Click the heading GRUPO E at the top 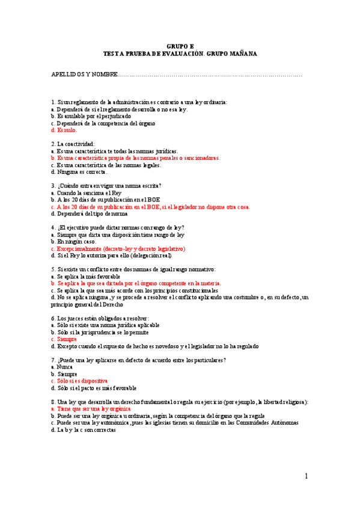tap(180, 46)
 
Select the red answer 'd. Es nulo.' tap(64, 130)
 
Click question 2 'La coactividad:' tap(73, 144)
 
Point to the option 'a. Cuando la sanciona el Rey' tap(87, 192)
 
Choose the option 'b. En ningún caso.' tap(74, 241)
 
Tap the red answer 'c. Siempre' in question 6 tap(64, 339)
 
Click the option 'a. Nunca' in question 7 tap(63, 366)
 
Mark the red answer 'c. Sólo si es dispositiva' tap(80, 381)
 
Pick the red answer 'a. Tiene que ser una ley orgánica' tap(91, 408)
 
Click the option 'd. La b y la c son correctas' tap(84, 429)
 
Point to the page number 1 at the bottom tap(307, 476)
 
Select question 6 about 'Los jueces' tap(100, 318)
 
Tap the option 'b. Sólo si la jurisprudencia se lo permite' tap(100, 332)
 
